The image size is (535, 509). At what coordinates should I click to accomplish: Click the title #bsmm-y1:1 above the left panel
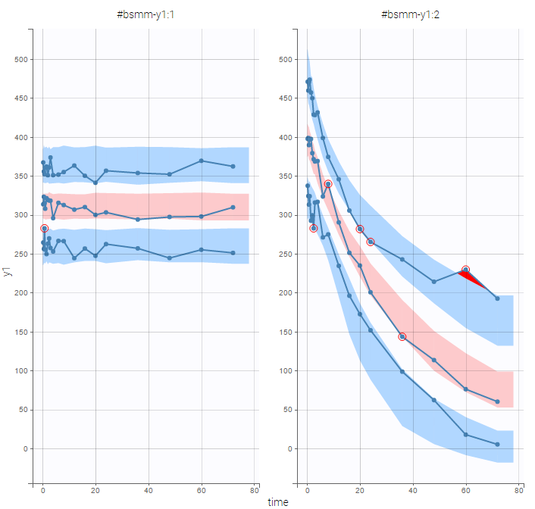coord(144,14)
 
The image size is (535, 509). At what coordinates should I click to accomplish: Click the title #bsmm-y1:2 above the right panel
coord(408,14)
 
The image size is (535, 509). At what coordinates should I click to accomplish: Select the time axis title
coord(277,501)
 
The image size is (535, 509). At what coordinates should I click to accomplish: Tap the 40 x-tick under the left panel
coord(149,490)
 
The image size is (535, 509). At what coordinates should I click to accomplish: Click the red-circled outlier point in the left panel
coord(44,228)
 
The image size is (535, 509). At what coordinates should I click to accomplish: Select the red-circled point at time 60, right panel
coord(465,270)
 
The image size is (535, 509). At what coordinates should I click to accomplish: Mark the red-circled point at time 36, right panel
coord(402,336)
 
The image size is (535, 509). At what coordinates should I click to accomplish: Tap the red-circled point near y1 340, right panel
coord(328,184)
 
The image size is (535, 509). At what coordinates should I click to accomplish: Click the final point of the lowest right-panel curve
coord(497,444)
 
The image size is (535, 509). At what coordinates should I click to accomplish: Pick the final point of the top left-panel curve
coord(233,166)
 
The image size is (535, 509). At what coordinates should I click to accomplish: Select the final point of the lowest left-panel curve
coord(233,253)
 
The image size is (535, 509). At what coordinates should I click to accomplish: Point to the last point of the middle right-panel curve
coord(497,401)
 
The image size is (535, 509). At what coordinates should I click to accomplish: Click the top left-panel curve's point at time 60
coord(201,161)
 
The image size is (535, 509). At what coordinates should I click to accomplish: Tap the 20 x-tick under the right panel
coord(360,490)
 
